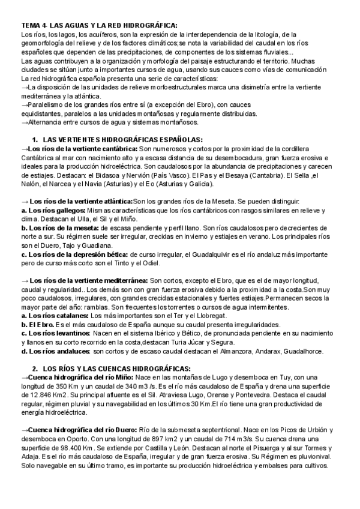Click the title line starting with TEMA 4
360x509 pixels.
99,25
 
